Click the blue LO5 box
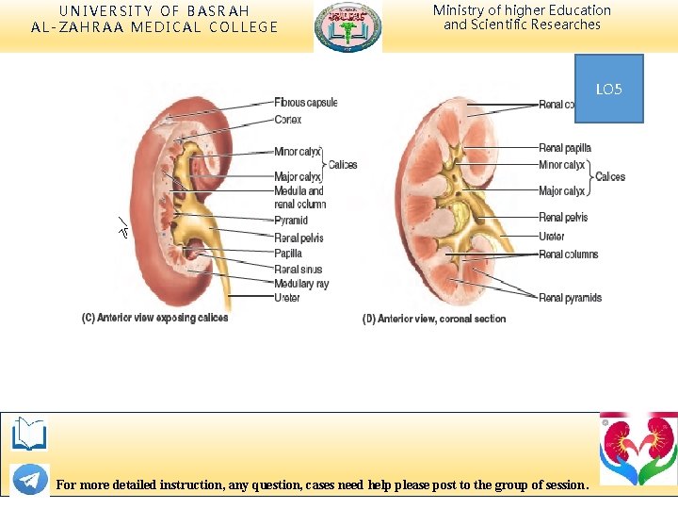pyautogui.click(x=608, y=89)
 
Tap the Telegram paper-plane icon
pyautogui.click(x=30, y=479)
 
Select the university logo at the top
pyautogui.click(x=347, y=26)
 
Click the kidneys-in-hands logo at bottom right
pyautogui.click(x=638, y=449)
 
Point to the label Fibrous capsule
pyautogui.click(x=305, y=103)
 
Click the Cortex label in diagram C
pyautogui.click(x=287, y=120)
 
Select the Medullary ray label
pyautogui.click(x=301, y=284)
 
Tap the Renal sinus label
pyautogui.click(x=298, y=270)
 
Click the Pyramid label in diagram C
pyautogui.click(x=290, y=221)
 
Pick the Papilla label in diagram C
pyautogui.click(x=288, y=254)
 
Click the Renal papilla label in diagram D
pyautogui.click(x=565, y=148)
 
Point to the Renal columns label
pyautogui.click(x=568, y=254)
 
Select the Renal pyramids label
pyautogui.click(x=570, y=298)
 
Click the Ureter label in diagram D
pyautogui.click(x=552, y=237)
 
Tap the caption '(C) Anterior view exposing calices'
pyautogui.click(x=154, y=318)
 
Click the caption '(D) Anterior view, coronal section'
pyautogui.click(x=434, y=319)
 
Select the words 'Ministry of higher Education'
pyautogui.click(x=522, y=10)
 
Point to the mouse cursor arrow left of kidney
pyautogui.click(x=123, y=226)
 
